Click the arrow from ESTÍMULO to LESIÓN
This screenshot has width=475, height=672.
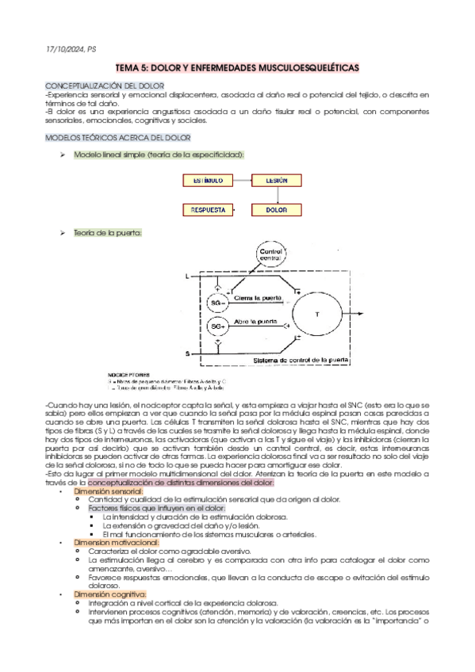[x=239, y=181]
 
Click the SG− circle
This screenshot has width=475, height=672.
[x=217, y=303]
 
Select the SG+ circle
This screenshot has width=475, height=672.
[x=217, y=326]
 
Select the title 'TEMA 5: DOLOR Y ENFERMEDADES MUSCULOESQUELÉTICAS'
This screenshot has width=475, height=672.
[x=237, y=68]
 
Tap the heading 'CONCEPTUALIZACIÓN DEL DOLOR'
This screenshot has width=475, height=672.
[x=105, y=84]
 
